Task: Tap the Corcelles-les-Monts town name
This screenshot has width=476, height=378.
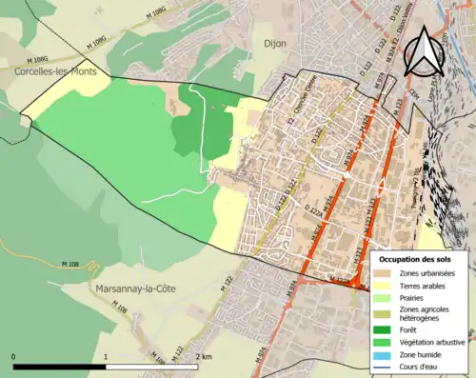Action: tap(54, 70)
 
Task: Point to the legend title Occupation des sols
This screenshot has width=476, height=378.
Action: tap(416, 259)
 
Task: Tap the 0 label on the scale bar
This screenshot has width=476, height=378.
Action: tap(14, 356)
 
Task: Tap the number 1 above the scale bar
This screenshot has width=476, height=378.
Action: tap(106, 356)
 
